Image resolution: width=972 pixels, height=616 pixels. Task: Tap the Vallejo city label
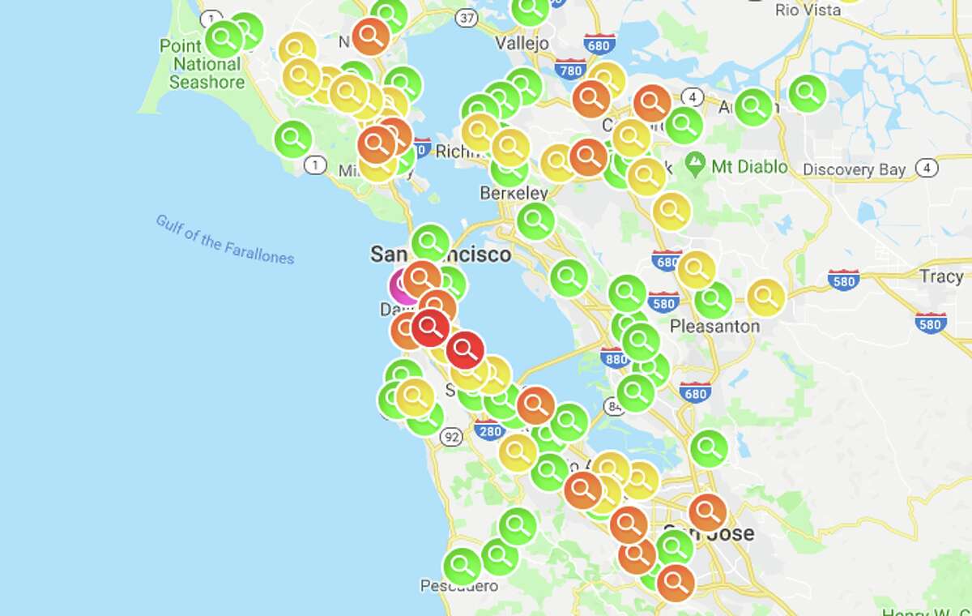[x=522, y=43]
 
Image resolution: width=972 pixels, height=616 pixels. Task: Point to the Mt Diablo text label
[x=749, y=167]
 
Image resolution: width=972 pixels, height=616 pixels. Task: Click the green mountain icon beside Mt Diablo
[x=694, y=165]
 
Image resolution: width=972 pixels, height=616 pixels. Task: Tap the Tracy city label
[x=940, y=276]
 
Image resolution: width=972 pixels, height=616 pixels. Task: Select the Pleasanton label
[x=715, y=326]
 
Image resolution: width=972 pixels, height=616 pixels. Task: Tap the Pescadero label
[x=458, y=585]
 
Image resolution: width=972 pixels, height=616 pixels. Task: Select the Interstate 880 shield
[x=616, y=357]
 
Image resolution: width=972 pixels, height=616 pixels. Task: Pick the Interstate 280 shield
[x=489, y=430]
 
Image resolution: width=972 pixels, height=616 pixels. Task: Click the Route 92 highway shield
[x=452, y=438]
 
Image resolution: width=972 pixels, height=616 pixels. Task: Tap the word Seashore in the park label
[x=207, y=82]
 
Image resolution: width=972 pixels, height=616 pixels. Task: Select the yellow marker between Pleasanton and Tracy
[x=765, y=297]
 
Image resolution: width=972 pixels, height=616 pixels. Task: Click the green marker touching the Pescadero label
[x=462, y=565]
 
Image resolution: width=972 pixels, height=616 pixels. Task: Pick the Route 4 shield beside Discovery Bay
[x=928, y=169]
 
